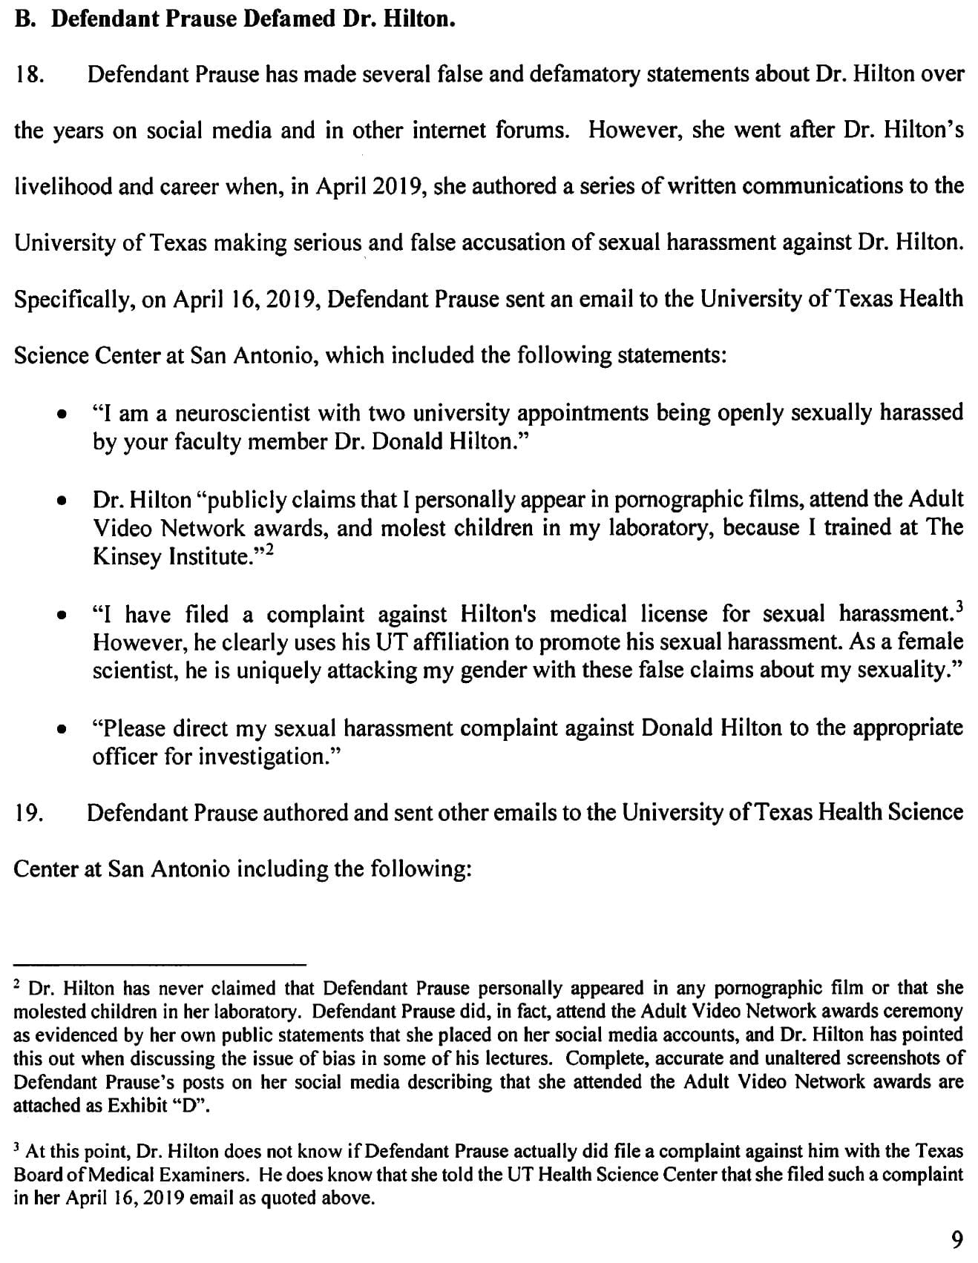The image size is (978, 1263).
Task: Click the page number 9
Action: [x=957, y=1239]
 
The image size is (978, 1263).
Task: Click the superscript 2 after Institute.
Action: [x=273, y=550]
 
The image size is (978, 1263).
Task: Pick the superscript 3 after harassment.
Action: [x=959, y=607]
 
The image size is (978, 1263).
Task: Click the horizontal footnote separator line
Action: [x=160, y=964]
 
